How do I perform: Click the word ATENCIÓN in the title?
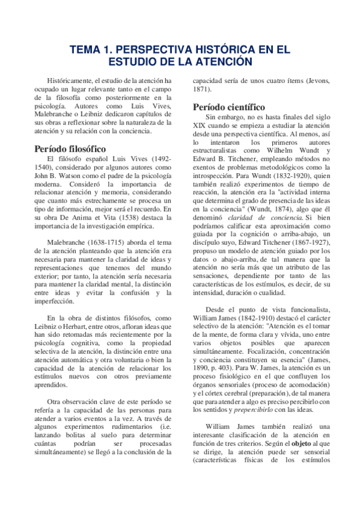tap(225, 62)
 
